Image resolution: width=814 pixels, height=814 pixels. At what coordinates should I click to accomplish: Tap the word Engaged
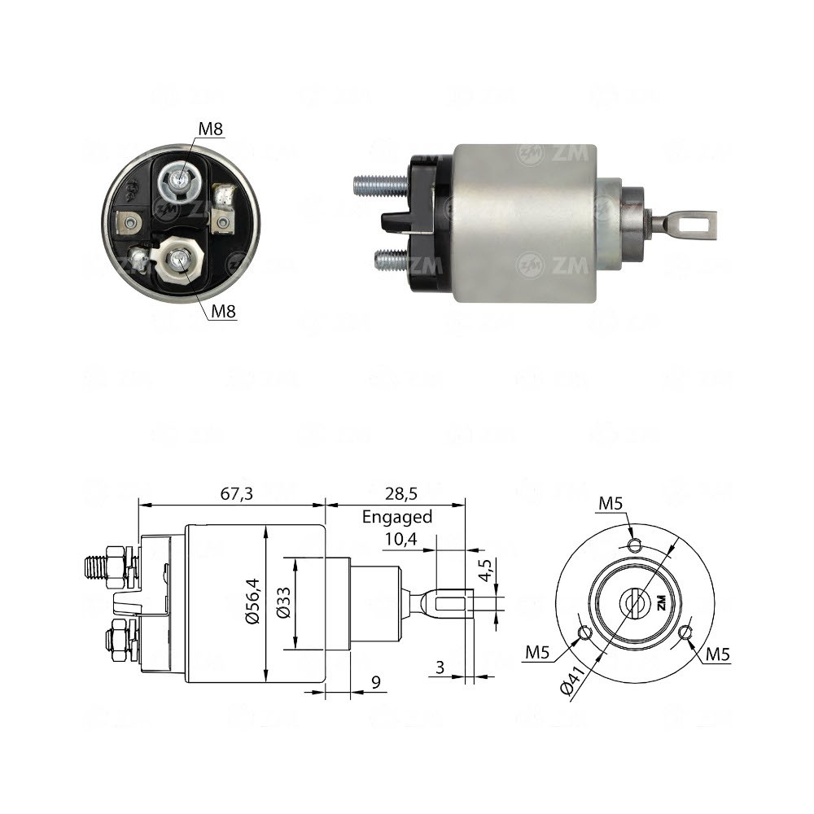(396, 516)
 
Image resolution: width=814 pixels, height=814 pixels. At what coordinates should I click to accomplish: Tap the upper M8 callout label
(210, 129)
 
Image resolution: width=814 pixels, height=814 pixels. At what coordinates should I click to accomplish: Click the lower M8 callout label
(222, 310)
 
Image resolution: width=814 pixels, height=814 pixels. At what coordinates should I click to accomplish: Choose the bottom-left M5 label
(537, 652)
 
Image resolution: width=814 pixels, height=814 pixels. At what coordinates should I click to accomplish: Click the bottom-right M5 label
(718, 652)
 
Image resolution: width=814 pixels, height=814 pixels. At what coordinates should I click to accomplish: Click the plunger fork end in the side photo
(692, 220)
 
